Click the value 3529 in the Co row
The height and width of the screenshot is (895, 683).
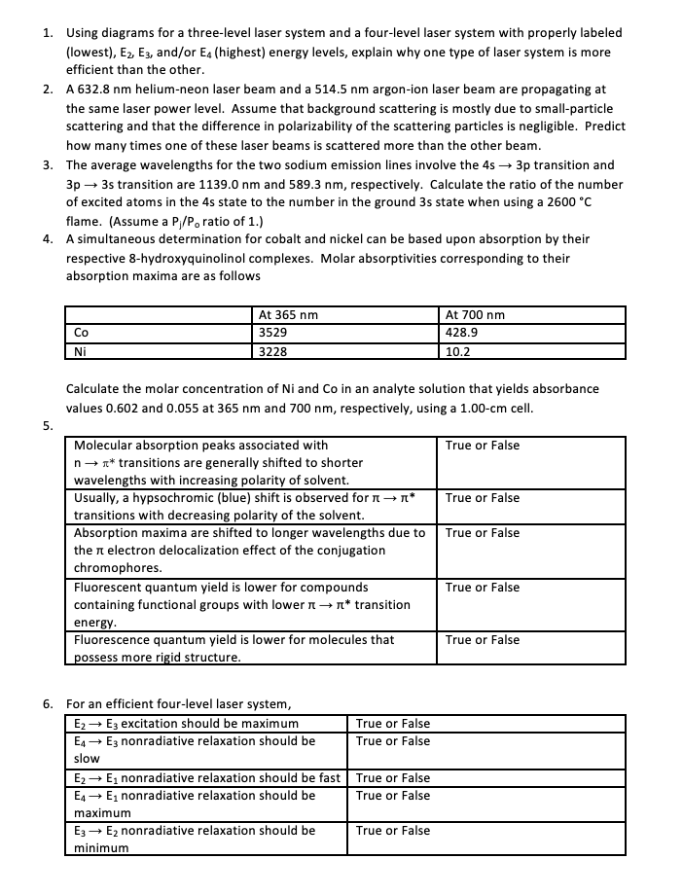coord(272,332)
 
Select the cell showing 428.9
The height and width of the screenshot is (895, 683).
coord(461,332)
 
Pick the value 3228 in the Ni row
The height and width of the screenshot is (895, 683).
coord(272,349)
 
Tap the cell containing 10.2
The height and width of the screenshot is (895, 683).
coord(456,349)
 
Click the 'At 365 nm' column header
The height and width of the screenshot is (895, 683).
coord(287,314)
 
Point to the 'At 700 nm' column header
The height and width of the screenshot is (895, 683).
coord(475,314)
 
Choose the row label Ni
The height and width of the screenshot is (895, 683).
coord(81,349)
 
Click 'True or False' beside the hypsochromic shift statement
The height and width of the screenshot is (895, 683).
coord(482,498)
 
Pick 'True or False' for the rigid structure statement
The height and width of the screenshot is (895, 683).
coord(482,640)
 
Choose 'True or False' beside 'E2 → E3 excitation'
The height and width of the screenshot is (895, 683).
coord(392,724)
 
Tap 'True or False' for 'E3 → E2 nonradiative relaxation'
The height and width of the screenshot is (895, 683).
coord(392,831)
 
